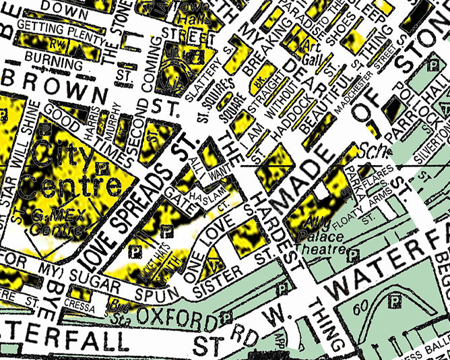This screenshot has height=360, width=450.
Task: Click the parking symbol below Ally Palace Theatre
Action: pos(352,253)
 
